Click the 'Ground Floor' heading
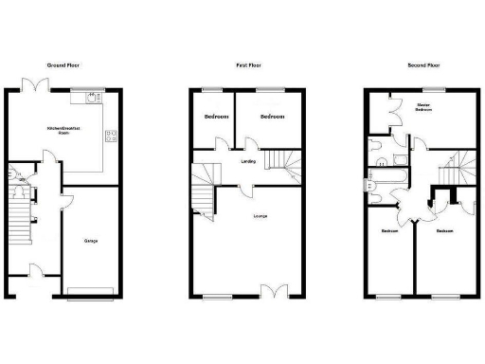tap(63, 65)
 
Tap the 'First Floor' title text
tap(248, 65)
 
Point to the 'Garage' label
tap(91, 241)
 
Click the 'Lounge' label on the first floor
tap(259, 217)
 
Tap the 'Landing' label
tap(247, 161)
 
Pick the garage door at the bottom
tap(92, 290)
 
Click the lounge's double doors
tap(275, 292)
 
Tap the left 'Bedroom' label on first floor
tap(216, 117)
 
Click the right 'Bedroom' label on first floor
tap(273, 117)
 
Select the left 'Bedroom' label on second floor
tap(389, 231)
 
